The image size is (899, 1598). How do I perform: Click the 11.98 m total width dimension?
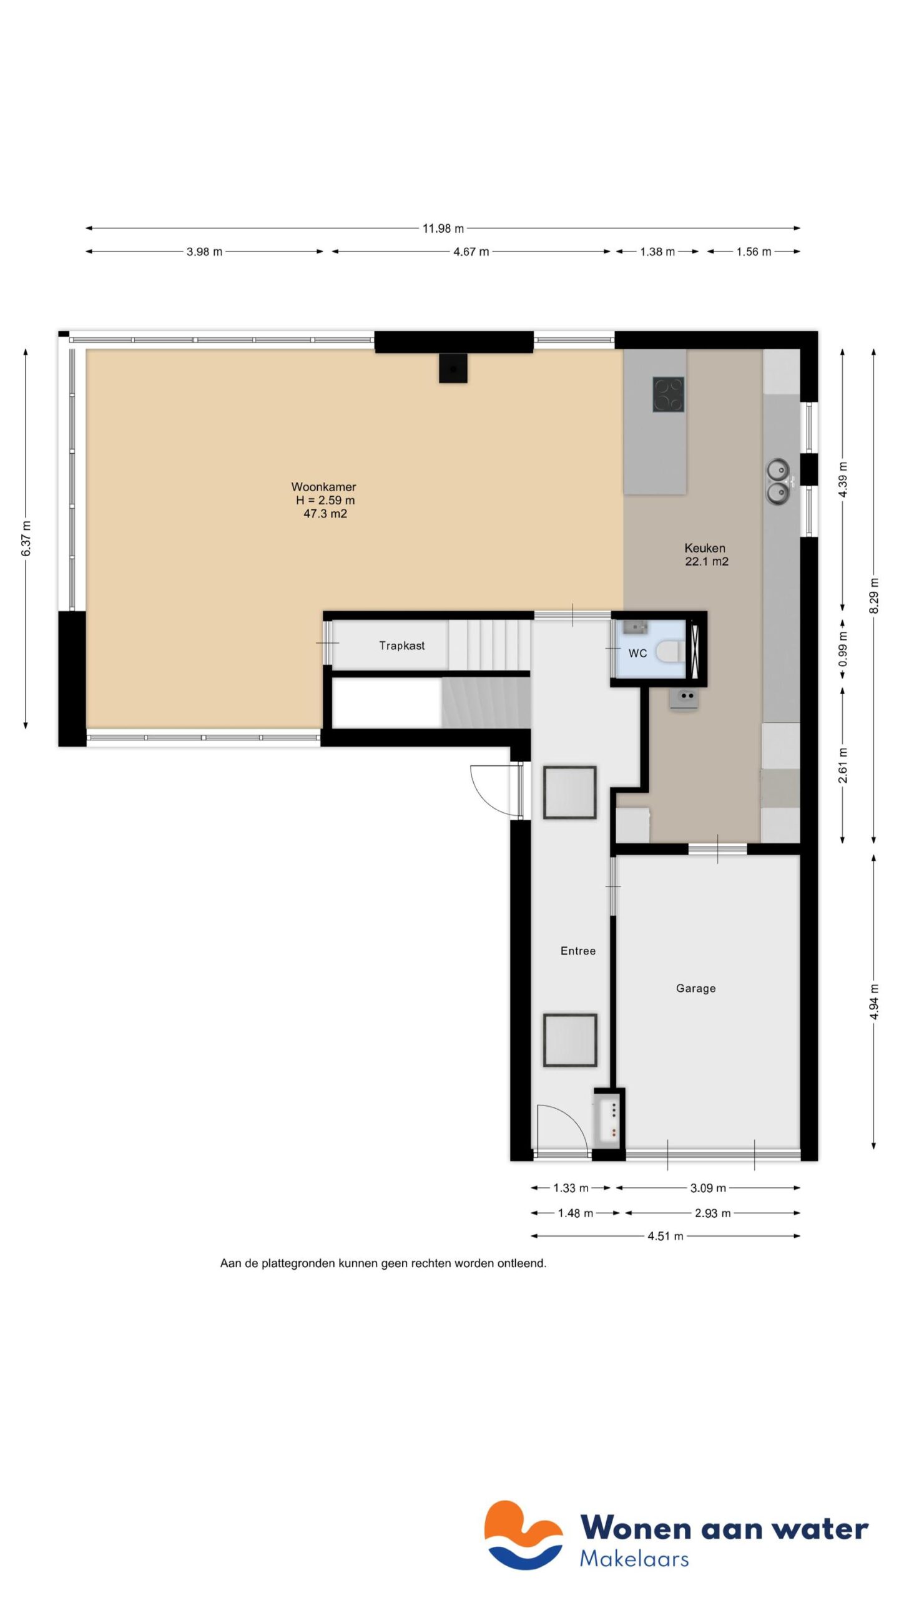(x=443, y=228)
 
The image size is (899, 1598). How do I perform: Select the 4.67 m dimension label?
(x=471, y=252)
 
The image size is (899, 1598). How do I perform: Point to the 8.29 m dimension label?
(x=873, y=596)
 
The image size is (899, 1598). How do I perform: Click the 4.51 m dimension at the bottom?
(x=665, y=1236)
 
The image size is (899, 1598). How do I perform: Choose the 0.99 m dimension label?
(x=843, y=649)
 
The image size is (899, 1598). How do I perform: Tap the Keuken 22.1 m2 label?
(x=705, y=554)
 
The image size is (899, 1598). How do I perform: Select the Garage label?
(x=695, y=988)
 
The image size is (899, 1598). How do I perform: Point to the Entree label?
(x=577, y=951)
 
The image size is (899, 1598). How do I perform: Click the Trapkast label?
(x=401, y=645)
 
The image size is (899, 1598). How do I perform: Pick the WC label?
(x=637, y=653)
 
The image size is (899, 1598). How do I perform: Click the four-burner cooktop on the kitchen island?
(x=668, y=395)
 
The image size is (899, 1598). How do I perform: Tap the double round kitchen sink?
(x=778, y=481)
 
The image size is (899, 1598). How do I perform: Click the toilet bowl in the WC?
(x=670, y=650)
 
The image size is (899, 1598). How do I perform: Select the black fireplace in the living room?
(x=453, y=368)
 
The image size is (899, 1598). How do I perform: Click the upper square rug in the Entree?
(x=569, y=792)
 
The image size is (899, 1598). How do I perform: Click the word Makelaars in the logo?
(x=634, y=1559)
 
